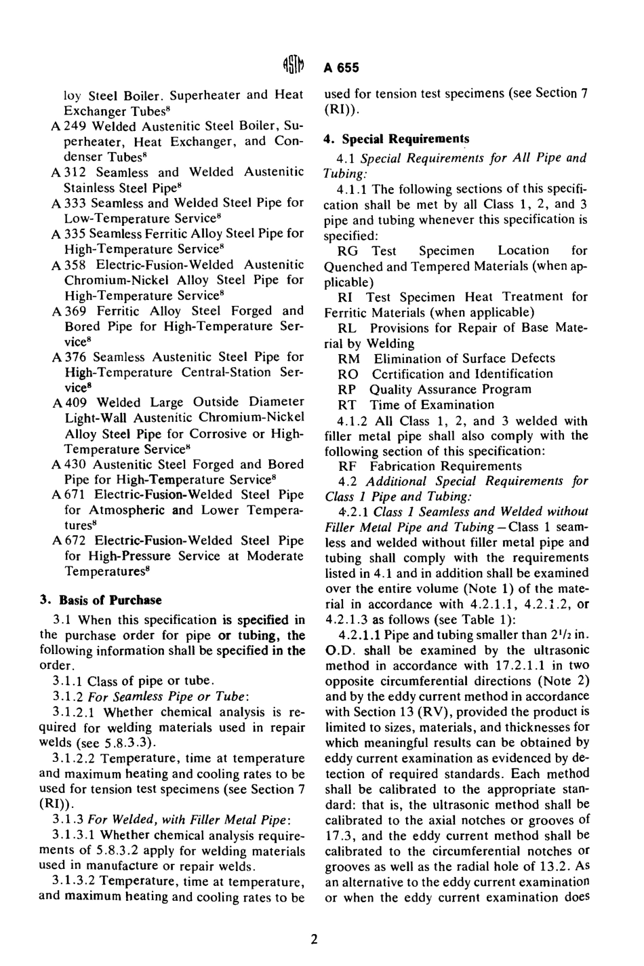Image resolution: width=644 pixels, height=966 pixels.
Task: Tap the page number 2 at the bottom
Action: [314, 940]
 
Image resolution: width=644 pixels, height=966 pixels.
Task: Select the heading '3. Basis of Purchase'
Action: [100, 600]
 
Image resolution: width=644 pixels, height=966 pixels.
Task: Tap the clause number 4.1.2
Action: [352, 421]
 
